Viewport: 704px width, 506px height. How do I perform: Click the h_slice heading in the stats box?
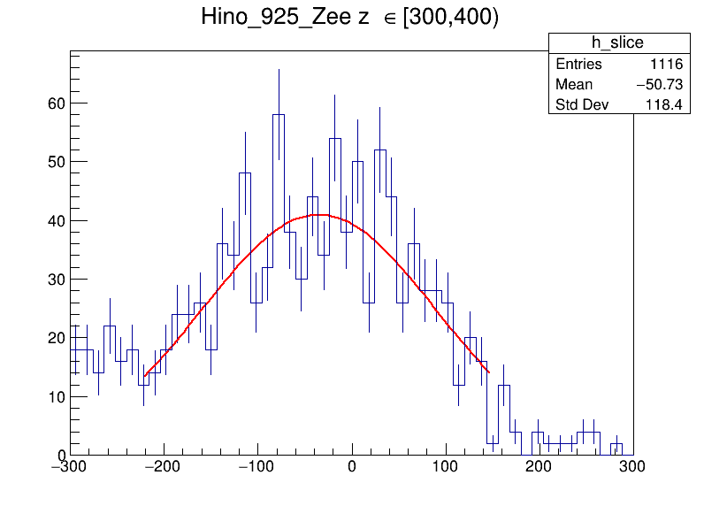pyautogui.click(x=617, y=43)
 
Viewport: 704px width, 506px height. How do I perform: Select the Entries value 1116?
pyautogui.click(x=666, y=65)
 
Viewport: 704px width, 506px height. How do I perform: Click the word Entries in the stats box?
pyautogui.click(x=578, y=65)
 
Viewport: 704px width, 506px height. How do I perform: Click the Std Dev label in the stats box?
pyautogui.click(x=582, y=105)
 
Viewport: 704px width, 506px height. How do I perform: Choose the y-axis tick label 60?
pyautogui.click(x=56, y=103)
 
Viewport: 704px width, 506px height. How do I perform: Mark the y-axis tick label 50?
pyautogui.click(x=56, y=162)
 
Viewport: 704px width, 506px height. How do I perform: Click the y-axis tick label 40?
pyautogui.click(x=56, y=220)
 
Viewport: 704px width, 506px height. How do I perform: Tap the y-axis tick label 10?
pyautogui.click(x=56, y=396)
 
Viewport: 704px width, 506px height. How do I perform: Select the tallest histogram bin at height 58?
pyautogui.click(x=279, y=115)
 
